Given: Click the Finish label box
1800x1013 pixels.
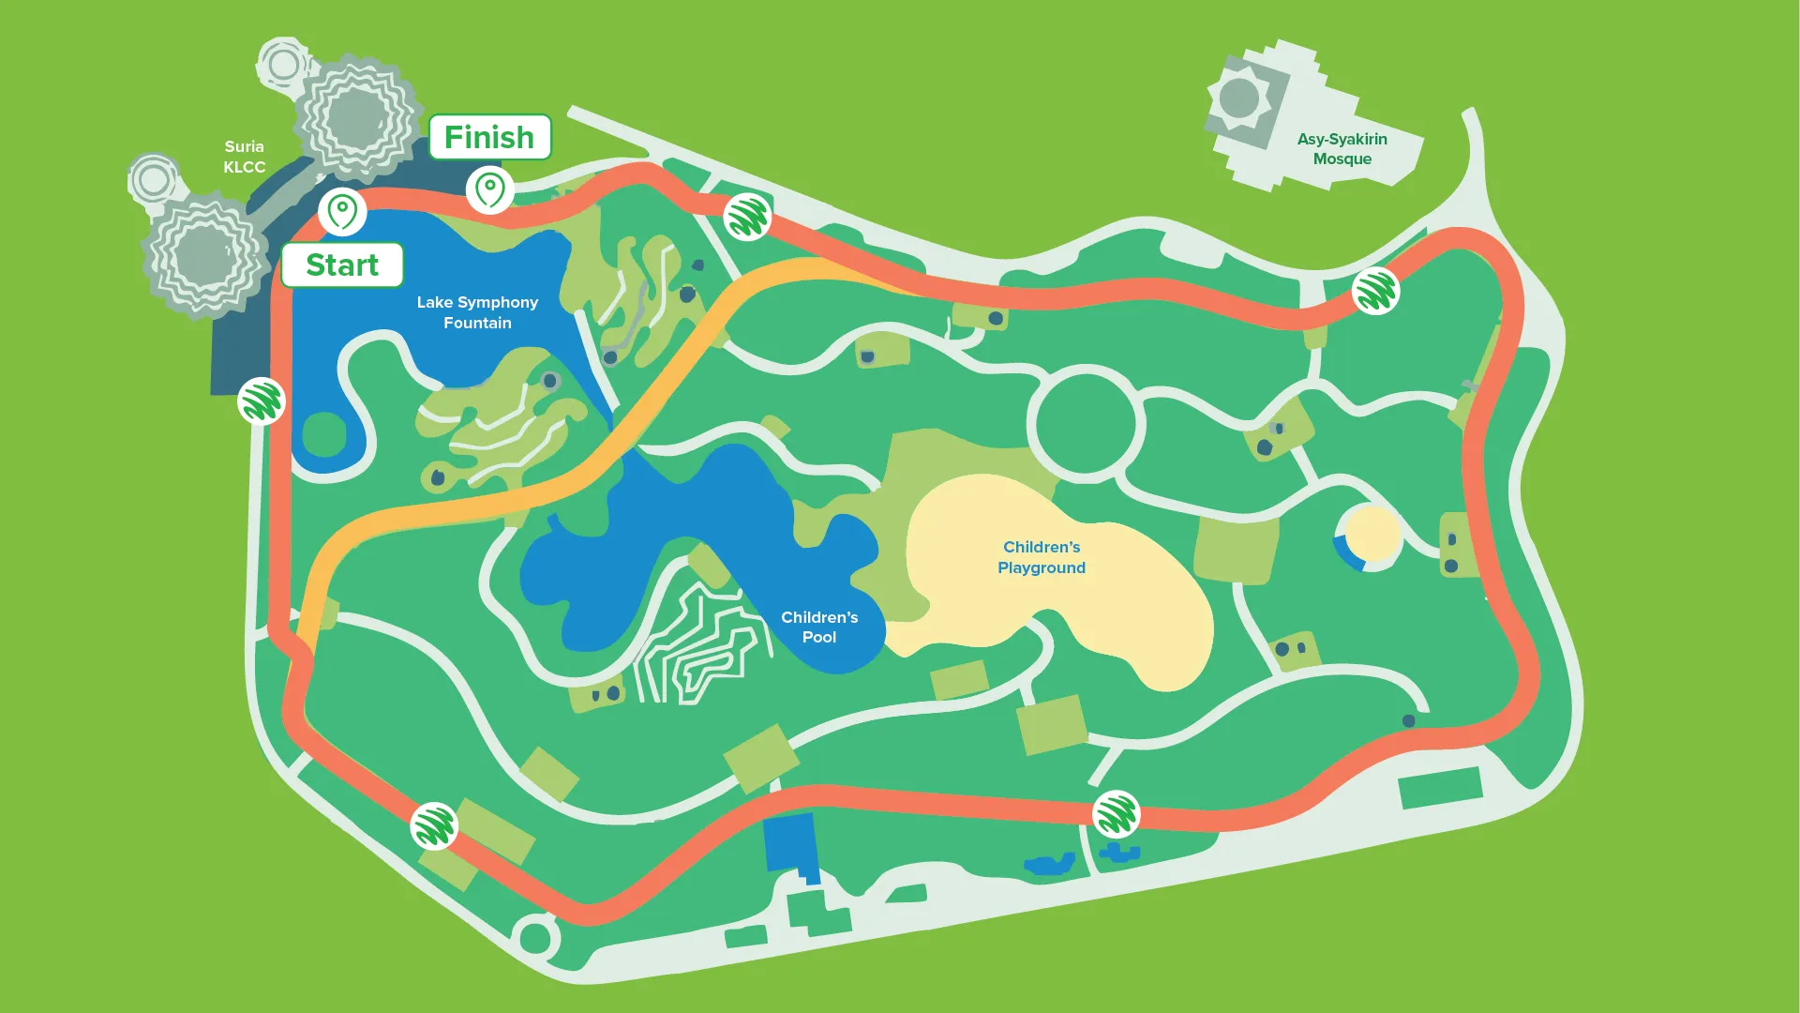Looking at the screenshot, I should [489, 138].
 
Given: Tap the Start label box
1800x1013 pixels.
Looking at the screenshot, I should [342, 265].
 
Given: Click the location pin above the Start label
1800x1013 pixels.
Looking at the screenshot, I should [342, 211].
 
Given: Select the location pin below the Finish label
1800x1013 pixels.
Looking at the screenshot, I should [489, 189].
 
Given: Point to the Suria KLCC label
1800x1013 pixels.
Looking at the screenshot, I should [245, 157].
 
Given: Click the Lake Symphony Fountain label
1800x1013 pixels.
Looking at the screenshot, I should [477, 312].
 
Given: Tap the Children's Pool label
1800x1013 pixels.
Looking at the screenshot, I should [819, 627].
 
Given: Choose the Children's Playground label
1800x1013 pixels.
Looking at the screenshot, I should [1042, 557].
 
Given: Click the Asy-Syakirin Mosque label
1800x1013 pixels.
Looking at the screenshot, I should [1342, 149].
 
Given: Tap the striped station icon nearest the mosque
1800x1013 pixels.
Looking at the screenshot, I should [1375, 291].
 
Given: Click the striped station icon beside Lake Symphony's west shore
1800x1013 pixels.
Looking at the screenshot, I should [262, 401].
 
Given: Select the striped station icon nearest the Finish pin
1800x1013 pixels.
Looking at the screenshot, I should [747, 217].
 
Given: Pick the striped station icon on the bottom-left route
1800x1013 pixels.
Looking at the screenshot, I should [434, 826].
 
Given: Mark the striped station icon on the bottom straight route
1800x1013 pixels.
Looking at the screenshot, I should [1116, 814].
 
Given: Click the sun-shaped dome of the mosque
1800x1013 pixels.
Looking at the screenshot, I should [1239, 98].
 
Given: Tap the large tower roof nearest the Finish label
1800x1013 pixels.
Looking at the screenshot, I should [357, 117].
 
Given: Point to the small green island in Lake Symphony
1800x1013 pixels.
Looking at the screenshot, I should [324, 434].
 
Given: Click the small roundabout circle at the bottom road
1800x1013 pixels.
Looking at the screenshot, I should [534, 937].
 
